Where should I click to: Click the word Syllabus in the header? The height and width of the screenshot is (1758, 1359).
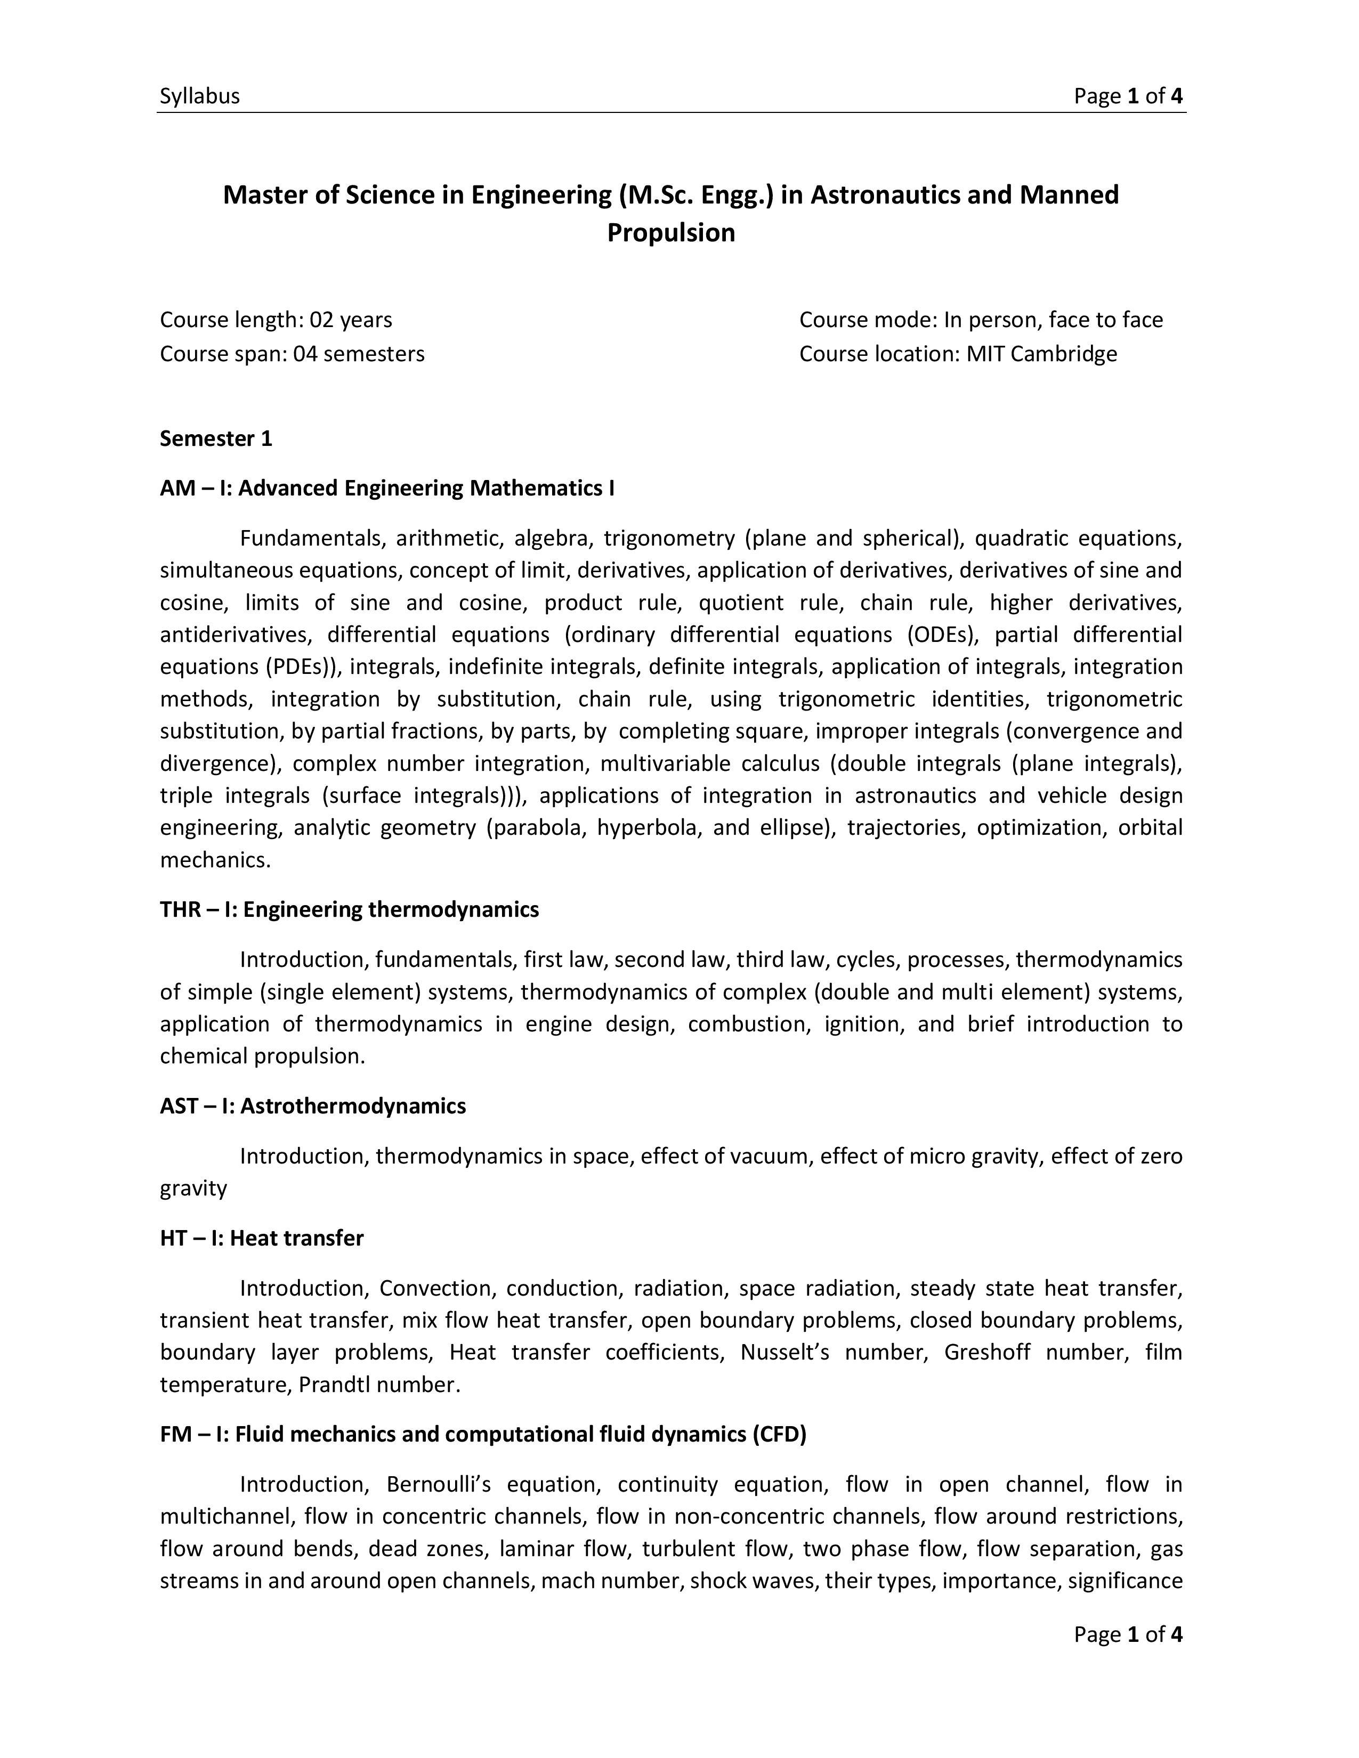[200, 96]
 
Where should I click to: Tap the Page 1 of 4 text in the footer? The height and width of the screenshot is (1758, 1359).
[1127, 1634]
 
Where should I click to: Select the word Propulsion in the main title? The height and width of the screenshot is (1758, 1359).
[670, 233]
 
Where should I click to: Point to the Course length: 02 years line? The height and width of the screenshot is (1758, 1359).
[276, 320]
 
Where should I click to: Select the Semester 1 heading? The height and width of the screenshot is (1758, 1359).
[216, 438]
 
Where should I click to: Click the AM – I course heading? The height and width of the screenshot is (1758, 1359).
[386, 489]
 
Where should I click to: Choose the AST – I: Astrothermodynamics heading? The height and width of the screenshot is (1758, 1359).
[312, 1106]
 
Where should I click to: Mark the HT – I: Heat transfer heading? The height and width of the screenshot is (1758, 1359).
[262, 1238]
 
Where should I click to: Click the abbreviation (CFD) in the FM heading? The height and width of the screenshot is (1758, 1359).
[779, 1435]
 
